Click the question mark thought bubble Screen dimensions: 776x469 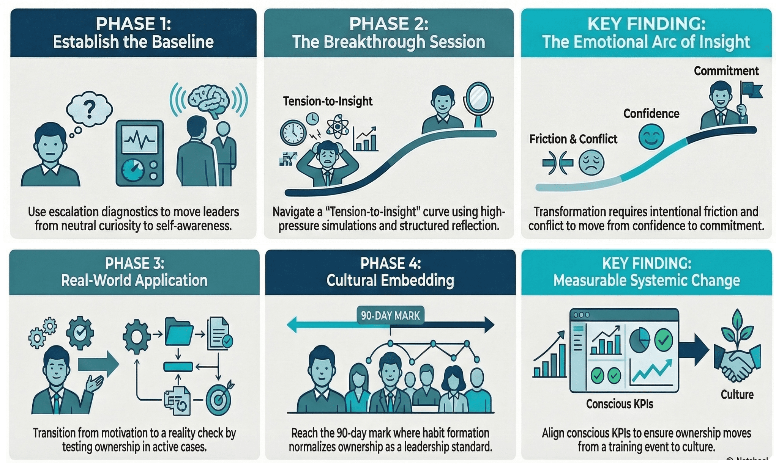click(90, 109)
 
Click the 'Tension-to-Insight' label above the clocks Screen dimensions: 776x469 click(327, 101)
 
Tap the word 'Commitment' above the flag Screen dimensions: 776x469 click(726, 71)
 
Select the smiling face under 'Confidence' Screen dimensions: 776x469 click(651, 137)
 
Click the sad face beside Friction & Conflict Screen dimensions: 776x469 click(591, 163)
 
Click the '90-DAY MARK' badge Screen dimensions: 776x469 click(390, 315)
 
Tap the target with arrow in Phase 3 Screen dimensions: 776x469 click(219, 399)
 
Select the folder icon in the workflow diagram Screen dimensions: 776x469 click(179, 332)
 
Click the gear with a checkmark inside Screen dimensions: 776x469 click(80, 333)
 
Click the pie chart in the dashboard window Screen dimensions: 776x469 click(639, 340)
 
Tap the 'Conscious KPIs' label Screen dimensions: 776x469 click(619, 404)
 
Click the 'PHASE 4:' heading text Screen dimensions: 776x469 click(390, 263)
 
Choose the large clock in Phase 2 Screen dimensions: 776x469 click(293, 133)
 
